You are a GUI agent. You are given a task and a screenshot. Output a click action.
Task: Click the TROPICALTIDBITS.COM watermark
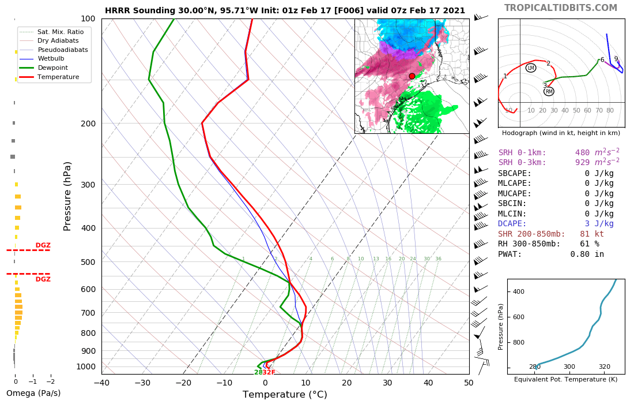coord(560,8)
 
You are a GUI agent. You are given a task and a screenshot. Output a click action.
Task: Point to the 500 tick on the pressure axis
coord(88,262)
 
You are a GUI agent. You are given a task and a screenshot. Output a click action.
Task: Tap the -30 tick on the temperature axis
coord(142,382)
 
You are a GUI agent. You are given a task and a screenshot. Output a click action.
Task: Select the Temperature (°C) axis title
coord(285,395)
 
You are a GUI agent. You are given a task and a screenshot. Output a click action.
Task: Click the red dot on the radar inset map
coord(412,76)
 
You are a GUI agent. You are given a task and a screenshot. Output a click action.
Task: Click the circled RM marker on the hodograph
coord(549,91)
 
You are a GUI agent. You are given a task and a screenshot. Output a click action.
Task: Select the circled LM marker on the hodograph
coord(531,68)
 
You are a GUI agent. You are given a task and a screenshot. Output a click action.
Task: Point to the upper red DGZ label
coord(43,245)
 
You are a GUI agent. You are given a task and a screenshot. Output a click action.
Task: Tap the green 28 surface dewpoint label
coord(258,373)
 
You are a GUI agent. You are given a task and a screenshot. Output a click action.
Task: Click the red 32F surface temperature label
coord(269,373)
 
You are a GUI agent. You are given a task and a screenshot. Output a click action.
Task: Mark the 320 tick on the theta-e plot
coord(604,383)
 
